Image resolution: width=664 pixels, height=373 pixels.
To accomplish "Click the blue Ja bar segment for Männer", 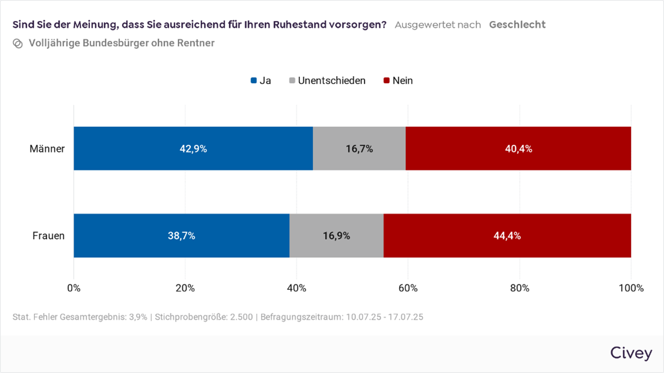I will pos(193,149).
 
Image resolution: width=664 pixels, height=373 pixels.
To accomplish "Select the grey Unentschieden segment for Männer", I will pos(359,149).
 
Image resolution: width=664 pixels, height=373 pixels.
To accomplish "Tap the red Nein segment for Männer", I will pos(518,149).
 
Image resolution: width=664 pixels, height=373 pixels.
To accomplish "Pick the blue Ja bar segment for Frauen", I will pos(181,236).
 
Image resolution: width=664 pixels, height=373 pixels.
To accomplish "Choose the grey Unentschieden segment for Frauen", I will pos(336,236).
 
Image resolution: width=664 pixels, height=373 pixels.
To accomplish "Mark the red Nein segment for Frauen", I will pos(507,236).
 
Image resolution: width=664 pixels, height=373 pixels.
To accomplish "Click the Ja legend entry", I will pos(261,81).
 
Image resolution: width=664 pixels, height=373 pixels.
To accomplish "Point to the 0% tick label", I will pos(74,288).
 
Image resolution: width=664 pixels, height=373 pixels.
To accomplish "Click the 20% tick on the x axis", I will pos(185,288).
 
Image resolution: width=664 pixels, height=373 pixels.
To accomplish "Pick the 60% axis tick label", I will pos(408,288).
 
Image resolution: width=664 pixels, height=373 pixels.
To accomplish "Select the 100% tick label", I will pos(631,288).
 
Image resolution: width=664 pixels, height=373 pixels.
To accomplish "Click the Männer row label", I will pos(47,149).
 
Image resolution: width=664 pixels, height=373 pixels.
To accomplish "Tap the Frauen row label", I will pos(48,236).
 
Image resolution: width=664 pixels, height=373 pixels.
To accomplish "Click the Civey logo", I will pos(631,353).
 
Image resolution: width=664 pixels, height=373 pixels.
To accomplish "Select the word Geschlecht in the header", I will pos(517,25).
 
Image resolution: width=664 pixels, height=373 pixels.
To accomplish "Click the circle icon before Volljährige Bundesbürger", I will pos(17,44).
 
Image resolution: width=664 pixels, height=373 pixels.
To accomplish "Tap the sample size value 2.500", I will pos(241,317).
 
